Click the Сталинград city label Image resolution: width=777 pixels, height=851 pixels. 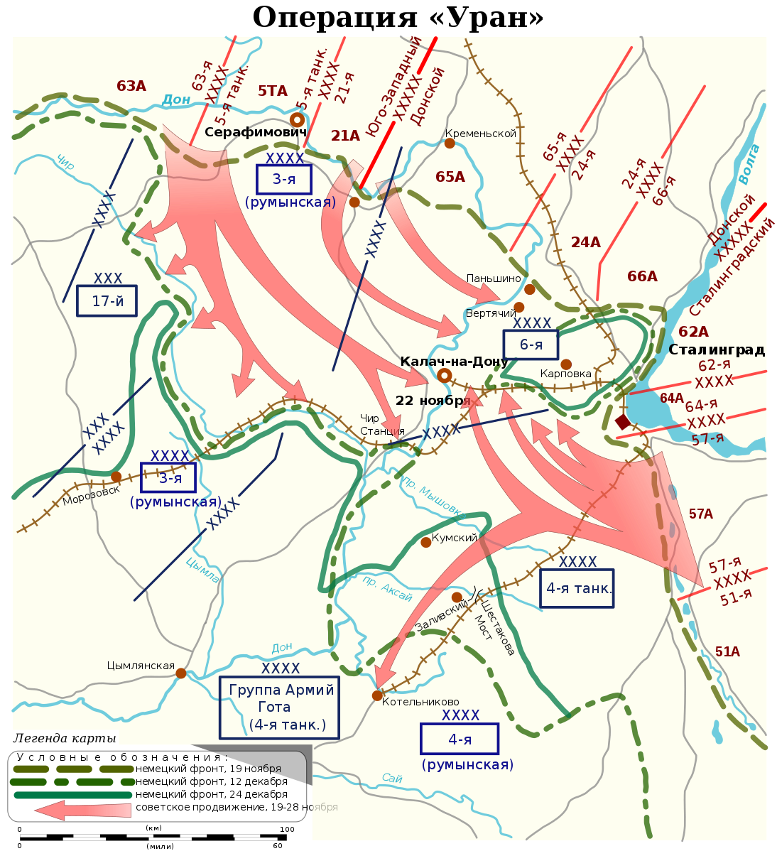point(716,349)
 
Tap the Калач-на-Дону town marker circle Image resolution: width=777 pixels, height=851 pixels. point(445,375)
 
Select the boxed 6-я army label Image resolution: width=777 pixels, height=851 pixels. point(531,345)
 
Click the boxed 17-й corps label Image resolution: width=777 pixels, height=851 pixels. point(107,301)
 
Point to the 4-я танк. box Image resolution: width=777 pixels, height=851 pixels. point(577,588)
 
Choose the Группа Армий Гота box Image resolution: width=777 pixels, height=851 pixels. point(279,707)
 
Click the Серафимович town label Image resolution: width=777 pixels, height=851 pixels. point(256,132)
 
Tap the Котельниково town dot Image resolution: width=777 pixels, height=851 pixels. point(377,695)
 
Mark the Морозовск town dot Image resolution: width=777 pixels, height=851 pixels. point(116,477)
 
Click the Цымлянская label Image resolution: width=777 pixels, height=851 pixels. point(141,666)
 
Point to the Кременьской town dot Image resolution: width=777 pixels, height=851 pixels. point(450,143)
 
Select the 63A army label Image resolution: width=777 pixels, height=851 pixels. point(131,86)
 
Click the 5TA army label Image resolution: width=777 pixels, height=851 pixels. point(273,91)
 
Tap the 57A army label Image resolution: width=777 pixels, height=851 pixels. point(700,514)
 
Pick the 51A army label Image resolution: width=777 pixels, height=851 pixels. point(727,651)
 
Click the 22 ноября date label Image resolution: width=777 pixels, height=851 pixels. point(433,401)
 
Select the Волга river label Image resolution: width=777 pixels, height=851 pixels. point(749,163)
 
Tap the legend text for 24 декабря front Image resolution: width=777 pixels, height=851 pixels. point(212,794)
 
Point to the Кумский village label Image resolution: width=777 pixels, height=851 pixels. point(455,538)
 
